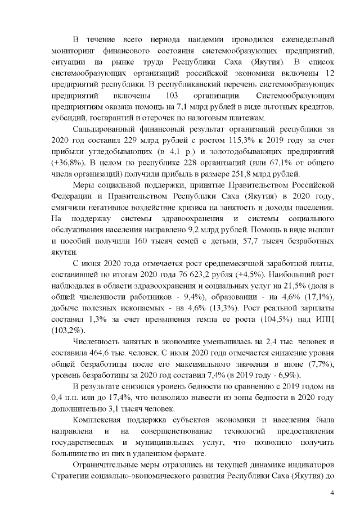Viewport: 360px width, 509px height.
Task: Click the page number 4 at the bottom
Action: coord(332,493)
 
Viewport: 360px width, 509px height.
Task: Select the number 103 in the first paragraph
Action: coord(172,95)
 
